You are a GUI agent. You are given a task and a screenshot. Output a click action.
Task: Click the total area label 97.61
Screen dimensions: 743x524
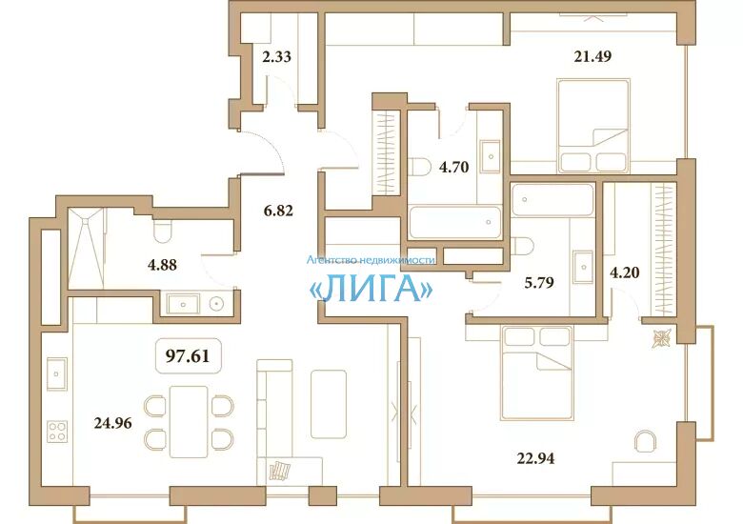coord(187,355)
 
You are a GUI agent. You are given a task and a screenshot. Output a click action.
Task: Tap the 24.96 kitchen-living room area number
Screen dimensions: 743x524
coord(112,423)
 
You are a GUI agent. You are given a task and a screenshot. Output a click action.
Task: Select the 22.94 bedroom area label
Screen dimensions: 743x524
coord(535,458)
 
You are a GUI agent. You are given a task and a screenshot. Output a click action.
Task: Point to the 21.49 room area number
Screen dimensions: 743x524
coord(592,56)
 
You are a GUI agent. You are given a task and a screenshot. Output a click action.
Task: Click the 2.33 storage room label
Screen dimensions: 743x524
coord(277,57)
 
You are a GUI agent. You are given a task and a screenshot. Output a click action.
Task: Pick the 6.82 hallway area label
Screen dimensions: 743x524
coord(278,211)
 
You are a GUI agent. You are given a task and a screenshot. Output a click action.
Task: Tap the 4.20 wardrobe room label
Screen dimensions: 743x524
coord(625,272)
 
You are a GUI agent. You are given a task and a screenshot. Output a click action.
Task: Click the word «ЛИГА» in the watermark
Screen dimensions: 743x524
coord(371,288)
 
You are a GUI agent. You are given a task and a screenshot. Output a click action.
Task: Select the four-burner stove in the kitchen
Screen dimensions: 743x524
coord(57,432)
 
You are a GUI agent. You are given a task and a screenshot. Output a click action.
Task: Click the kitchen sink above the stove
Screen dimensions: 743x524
coord(57,373)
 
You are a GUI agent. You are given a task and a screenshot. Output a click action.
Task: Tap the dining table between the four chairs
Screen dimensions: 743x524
coord(189,422)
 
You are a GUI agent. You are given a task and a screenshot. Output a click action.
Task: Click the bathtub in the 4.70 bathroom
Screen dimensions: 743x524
coord(455,222)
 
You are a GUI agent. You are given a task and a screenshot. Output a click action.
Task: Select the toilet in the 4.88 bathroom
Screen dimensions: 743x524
coord(162,232)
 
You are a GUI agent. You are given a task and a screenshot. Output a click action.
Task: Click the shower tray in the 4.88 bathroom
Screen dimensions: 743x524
coord(86,248)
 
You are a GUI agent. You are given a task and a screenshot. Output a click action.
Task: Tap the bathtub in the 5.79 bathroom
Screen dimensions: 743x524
coord(552,200)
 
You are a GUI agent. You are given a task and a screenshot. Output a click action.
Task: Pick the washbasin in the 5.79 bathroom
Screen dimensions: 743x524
coord(583,267)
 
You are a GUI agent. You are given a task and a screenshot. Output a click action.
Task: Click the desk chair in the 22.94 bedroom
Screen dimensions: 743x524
coord(646,441)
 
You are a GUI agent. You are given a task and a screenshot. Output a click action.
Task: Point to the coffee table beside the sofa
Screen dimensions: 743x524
coord(329,404)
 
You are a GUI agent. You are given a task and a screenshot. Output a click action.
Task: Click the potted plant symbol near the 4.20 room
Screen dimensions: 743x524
coord(661,338)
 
